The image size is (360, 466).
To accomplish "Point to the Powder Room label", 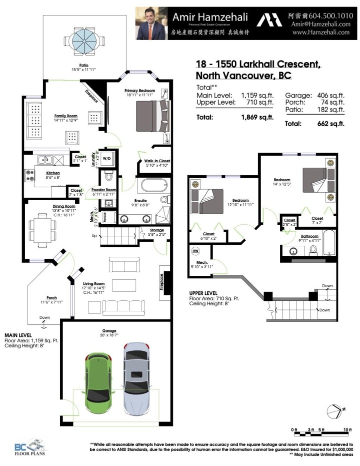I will coord(103,190).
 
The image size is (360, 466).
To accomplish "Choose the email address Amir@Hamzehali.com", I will coord(320,24).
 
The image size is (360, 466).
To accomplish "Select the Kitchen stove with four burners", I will coord(29,175).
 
